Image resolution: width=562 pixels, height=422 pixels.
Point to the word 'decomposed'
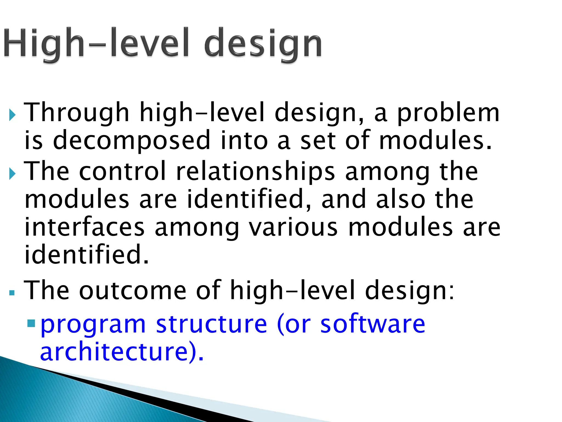[131, 141]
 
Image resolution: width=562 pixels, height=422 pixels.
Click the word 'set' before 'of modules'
[318, 141]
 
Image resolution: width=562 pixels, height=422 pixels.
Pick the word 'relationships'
[255, 172]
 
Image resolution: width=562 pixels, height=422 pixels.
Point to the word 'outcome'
[133, 290]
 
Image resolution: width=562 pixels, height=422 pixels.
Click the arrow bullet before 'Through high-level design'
[12, 115]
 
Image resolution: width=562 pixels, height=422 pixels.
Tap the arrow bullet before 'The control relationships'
[12, 174]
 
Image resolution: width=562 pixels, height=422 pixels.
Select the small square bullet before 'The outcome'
[12, 293]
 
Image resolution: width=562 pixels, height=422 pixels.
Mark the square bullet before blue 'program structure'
[32, 323]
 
